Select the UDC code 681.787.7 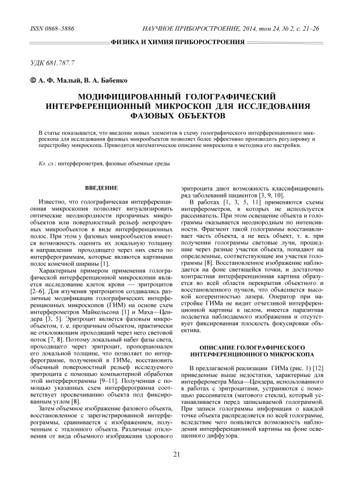click(x=61, y=61)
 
